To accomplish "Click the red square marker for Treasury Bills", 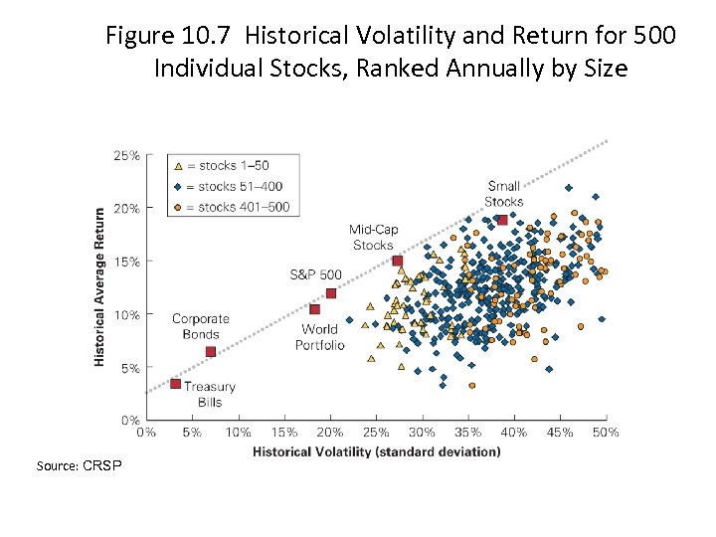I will pos(175,384).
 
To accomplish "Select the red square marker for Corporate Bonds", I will pos(211,352).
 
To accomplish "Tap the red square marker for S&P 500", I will pos(331,293).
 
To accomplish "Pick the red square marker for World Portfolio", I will pos(314,309).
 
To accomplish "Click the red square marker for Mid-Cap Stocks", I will pos(398,261).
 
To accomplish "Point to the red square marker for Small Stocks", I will pos(503,220).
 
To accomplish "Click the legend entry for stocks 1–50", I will pos(224,165).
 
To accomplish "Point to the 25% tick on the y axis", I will pos(126,156).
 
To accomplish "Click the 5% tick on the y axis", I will pos(129,368).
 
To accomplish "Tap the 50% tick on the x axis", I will pos(606,433).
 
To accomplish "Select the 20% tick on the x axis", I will pos(330,433).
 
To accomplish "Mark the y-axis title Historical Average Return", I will pos(99,286).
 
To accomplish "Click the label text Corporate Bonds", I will pos(200,326).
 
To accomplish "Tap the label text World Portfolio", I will pos(319,337).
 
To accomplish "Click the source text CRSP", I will pos(102,465).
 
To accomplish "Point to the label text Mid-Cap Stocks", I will pos(373,238).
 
